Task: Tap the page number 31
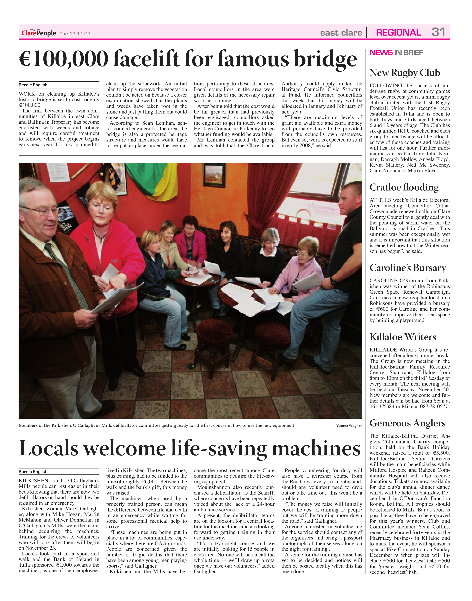click(438, 32)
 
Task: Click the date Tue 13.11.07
click(75, 34)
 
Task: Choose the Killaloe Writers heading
click(403, 337)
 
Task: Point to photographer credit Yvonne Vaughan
click(349, 426)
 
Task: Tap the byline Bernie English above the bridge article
click(33, 85)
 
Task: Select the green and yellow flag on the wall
click(151, 181)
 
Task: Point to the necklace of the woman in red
click(100, 236)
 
